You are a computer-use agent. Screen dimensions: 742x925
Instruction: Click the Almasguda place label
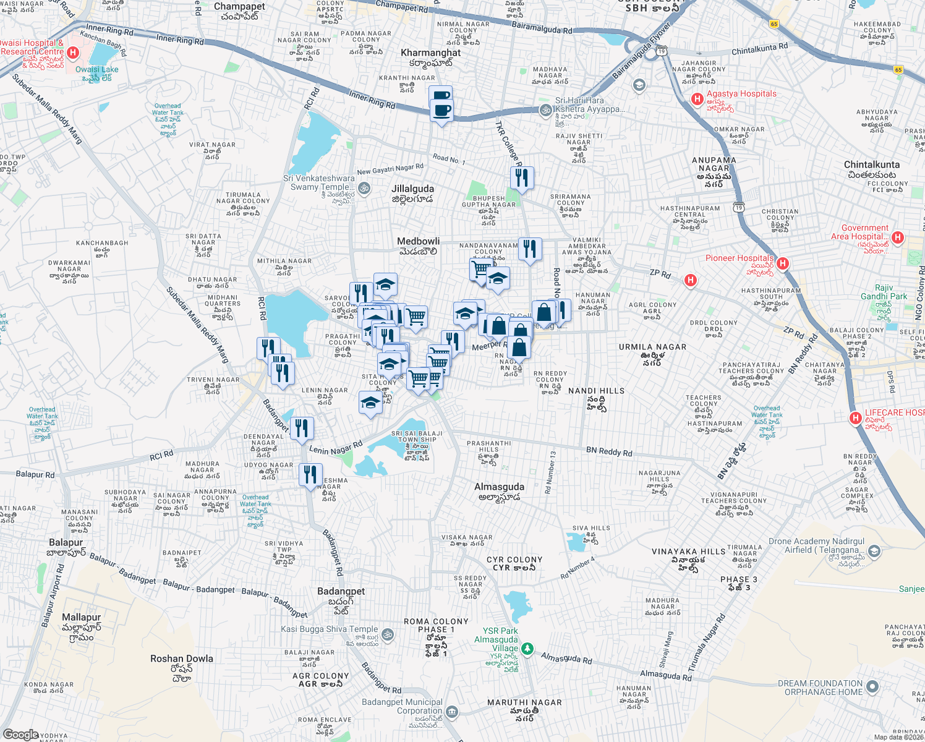[499, 487]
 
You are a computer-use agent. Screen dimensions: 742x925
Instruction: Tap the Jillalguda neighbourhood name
[412, 189]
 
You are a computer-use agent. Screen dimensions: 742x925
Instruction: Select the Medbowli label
[419, 241]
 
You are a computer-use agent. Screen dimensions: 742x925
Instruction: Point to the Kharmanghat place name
[431, 53]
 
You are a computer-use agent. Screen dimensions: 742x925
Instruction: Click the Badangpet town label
[341, 591]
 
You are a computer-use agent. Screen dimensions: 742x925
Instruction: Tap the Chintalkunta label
[872, 164]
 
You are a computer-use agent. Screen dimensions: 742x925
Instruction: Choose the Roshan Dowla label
[182, 659]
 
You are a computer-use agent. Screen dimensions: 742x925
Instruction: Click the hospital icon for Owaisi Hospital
[73, 53]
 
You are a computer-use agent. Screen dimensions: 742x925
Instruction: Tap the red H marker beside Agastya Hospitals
[697, 98]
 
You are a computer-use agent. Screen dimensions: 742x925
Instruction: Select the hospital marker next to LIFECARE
[856, 418]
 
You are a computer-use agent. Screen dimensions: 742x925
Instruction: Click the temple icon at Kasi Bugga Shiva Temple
[388, 634]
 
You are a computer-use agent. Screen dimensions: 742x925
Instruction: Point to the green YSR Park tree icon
[527, 649]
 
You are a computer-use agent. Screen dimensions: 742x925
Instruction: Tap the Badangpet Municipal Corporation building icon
[452, 712]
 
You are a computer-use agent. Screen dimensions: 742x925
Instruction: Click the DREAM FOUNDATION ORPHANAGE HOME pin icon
[872, 686]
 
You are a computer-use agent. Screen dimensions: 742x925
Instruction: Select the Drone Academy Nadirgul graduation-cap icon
[874, 550]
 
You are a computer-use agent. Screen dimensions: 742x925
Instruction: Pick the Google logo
[20, 735]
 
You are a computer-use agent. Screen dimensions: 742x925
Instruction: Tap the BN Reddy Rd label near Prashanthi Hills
[609, 451]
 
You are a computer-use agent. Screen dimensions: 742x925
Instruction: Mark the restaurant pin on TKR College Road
[522, 178]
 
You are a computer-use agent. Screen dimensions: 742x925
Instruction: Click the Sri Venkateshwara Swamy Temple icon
[364, 188]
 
